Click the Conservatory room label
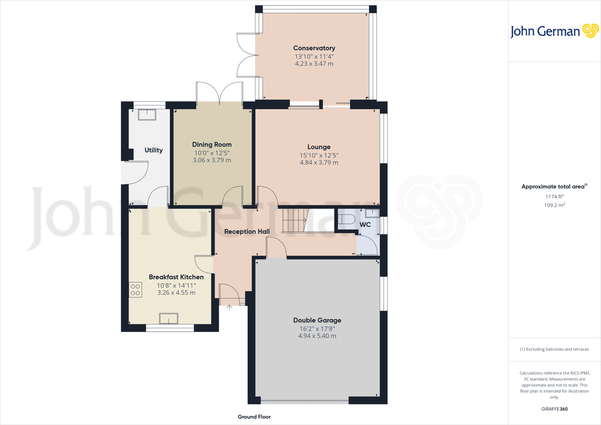coord(314,48)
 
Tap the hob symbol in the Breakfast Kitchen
coord(135,290)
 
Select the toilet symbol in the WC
coord(346,219)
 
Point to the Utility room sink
coord(147,115)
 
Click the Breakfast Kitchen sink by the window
coord(168,318)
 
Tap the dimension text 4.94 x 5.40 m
coord(317,336)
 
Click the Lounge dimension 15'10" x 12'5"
coord(319,156)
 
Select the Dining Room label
coord(212,145)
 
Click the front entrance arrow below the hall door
coord(229,307)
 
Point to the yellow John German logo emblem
coord(590,31)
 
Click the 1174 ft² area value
coord(554,197)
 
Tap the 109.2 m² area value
coord(554,205)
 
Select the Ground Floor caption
coord(254,417)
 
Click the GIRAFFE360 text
coord(554,409)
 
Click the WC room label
coord(365,225)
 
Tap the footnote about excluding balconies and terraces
coord(554,349)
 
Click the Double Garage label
coord(317,321)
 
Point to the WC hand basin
coord(372,213)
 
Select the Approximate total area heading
coord(553,187)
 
